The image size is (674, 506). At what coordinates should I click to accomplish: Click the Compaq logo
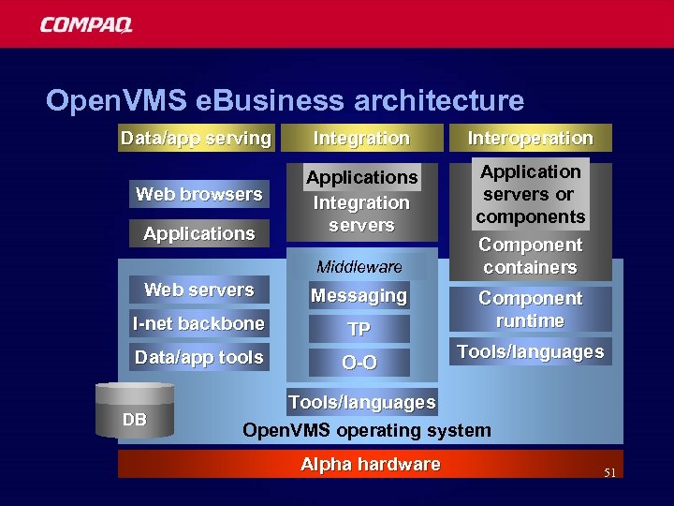click(86, 25)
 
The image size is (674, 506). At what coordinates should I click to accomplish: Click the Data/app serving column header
click(196, 139)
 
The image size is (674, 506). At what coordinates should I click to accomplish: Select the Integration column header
click(361, 139)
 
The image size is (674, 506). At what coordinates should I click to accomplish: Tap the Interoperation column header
click(530, 139)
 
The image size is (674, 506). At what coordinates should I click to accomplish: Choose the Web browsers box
click(198, 195)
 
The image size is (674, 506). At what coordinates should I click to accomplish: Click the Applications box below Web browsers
click(198, 233)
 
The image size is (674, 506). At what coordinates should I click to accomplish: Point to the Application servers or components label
click(530, 194)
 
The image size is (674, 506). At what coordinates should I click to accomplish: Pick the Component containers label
click(530, 256)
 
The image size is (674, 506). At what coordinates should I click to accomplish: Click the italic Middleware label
click(359, 267)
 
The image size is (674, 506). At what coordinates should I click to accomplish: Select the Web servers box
click(198, 290)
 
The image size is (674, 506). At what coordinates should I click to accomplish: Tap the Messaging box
click(359, 296)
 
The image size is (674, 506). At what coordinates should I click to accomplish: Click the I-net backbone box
click(198, 324)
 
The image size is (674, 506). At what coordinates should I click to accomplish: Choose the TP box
click(359, 329)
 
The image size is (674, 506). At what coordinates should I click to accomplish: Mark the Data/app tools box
click(198, 358)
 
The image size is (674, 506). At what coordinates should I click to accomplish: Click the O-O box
click(359, 363)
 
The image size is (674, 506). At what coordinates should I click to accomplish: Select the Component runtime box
click(530, 309)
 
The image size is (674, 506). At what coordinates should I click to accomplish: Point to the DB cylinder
click(135, 413)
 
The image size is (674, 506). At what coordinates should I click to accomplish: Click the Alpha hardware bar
click(371, 465)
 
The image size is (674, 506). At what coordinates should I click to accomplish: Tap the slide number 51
click(609, 473)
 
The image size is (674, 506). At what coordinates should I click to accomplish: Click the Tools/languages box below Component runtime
click(530, 352)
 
